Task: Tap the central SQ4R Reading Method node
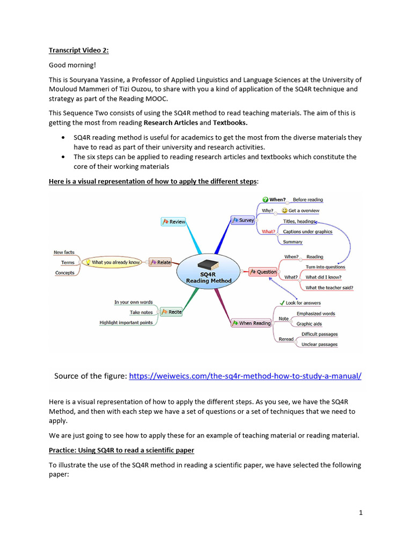point(208,272)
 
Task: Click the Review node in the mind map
point(174,221)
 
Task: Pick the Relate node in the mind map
point(160,262)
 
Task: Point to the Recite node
point(171,311)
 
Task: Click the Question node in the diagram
point(263,272)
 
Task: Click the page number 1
point(361,513)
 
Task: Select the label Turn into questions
point(325,266)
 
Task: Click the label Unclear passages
point(319,344)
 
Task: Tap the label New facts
point(64,252)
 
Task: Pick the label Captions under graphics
point(307,232)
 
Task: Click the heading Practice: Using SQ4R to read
point(121,450)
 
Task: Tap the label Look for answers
point(303,303)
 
